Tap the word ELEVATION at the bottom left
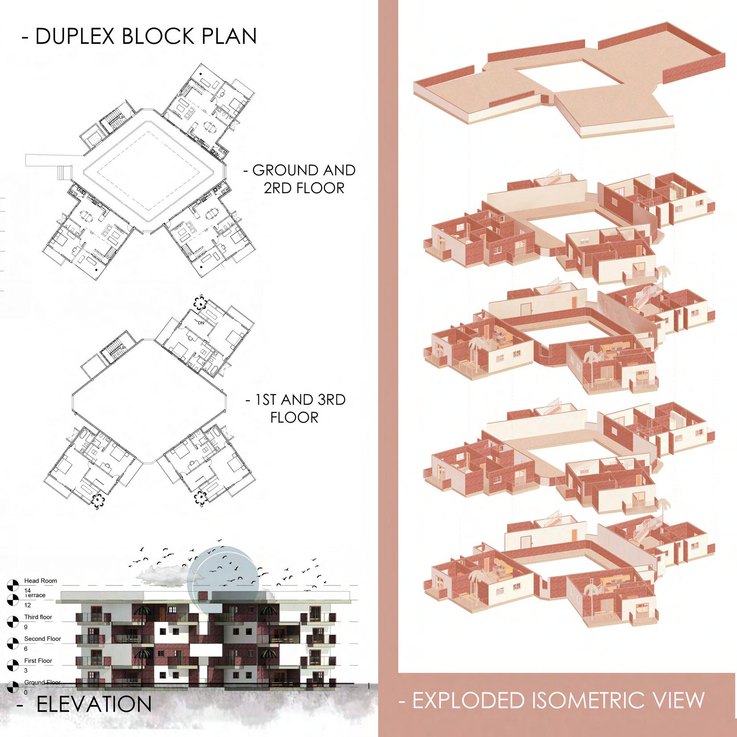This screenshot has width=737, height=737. (94, 704)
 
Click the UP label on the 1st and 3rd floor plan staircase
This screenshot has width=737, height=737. (123, 347)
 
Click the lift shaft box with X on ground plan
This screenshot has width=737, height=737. (92, 138)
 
